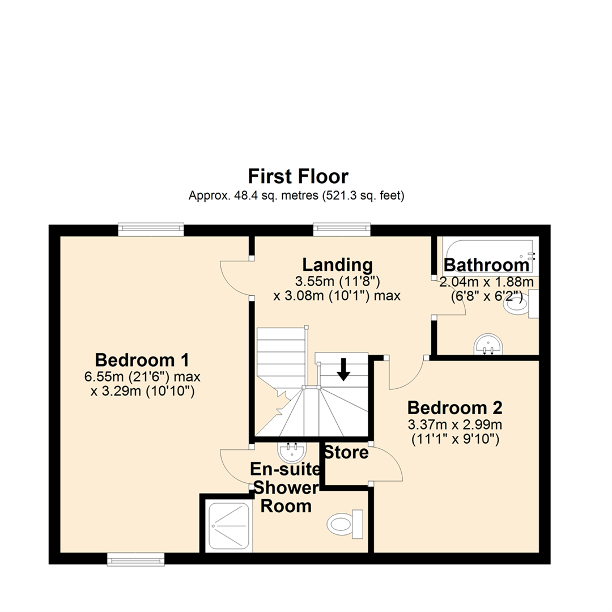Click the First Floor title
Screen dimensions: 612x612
pyautogui.click(x=298, y=176)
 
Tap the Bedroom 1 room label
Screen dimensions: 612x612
pyautogui.click(x=142, y=360)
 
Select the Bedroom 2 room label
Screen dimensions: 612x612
pyautogui.click(x=454, y=408)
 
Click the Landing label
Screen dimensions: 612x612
pyautogui.click(x=338, y=265)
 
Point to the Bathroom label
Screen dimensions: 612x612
pyautogui.click(x=486, y=265)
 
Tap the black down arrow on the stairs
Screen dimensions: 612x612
pyautogui.click(x=343, y=369)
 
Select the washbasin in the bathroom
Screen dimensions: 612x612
pyautogui.click(x=488, y=343)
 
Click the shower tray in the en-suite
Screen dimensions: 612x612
pyautogui.click(x=229, y=526)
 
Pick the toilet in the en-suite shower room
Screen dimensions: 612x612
pyautogui.click(x=345, y=524)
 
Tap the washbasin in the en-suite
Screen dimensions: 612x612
pyautogui.click(x=292, y=452)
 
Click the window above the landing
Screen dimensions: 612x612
pyautogui.click(x=342, y=229)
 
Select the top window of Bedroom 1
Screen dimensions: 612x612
pyautogui.click(x=151, y=229)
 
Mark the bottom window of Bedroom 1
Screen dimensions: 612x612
pyautogui.click(x=136, y=559)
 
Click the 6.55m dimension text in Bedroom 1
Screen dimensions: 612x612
pyautogui.click(x=142, y=377)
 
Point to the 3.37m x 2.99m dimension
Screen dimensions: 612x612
pyautogui.click(x=455, y=424)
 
